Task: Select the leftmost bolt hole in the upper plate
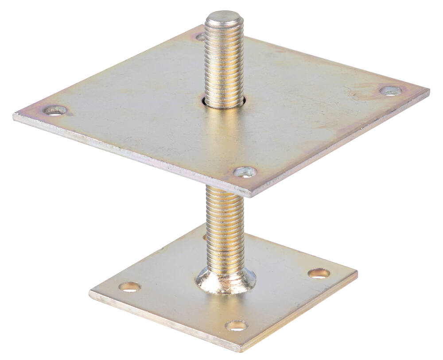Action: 55,110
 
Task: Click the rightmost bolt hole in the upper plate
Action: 391,91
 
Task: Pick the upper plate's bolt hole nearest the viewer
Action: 245,172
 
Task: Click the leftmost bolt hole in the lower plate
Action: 129,287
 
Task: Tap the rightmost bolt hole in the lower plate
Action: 319,273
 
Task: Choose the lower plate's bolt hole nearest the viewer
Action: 236,326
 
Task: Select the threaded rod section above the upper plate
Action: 224,62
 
